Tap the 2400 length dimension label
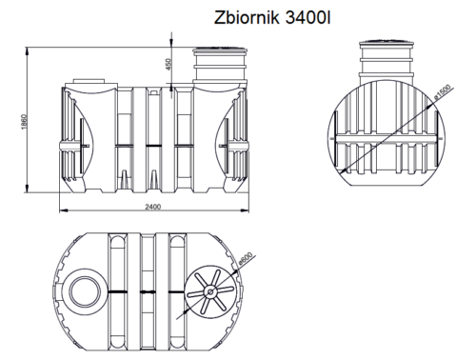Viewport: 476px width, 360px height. point(152,208)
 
